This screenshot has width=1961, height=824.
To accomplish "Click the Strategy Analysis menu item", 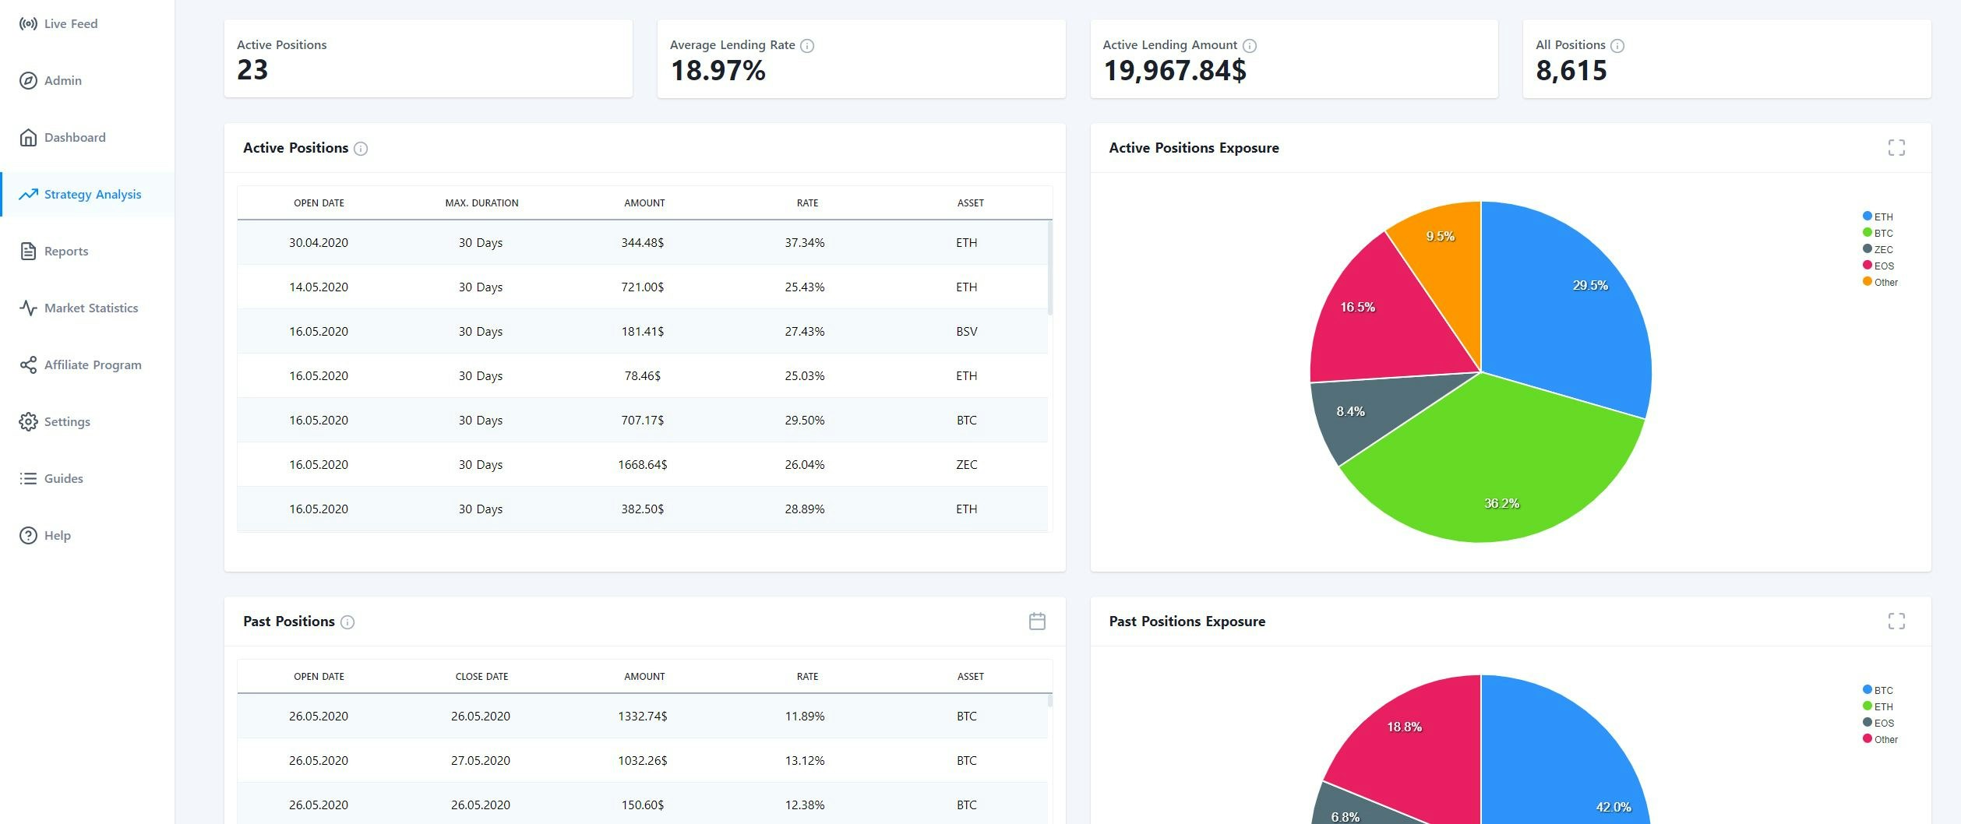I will pyautogui.click(x=92, y=195).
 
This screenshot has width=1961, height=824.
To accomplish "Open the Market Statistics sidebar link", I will pyautogui.click(x=90, y=308).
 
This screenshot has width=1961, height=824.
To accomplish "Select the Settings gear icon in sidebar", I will pyautogui.click(x=28, y=422).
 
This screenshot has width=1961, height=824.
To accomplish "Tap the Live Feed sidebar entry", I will pyautogui.click(x=70, y=24).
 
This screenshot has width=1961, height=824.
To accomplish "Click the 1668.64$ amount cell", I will pyautogui.click(x=642, y=465).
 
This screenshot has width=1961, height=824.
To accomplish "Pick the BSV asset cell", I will pyautogui.click(x=966, y=332).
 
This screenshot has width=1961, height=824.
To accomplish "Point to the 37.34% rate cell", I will pyautogui.click(x=804, y=243).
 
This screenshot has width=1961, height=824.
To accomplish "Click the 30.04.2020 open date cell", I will pyautogui.click(x=318, y=243).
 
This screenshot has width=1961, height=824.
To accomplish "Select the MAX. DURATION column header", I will pyautogui.click(x=481, y=203).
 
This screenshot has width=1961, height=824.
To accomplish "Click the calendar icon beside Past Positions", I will pyautogui.click(x=1037, y=622).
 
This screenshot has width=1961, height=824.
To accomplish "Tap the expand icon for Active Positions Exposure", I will pyautogui.click(x=1896, y=148).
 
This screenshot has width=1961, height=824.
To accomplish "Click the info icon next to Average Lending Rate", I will pyautogui.click(x=807, y=46).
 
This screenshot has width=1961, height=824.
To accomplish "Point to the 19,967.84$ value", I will pyautogui.click(x=1174, y=71).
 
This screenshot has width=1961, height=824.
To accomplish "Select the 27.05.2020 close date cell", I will pyautogui.click(x=480, y=761).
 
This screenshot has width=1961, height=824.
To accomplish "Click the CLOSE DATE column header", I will pyautogui.click(x=481, y=677).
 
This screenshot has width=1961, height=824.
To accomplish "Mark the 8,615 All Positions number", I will pyautogui.click(x=1571, y=71).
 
